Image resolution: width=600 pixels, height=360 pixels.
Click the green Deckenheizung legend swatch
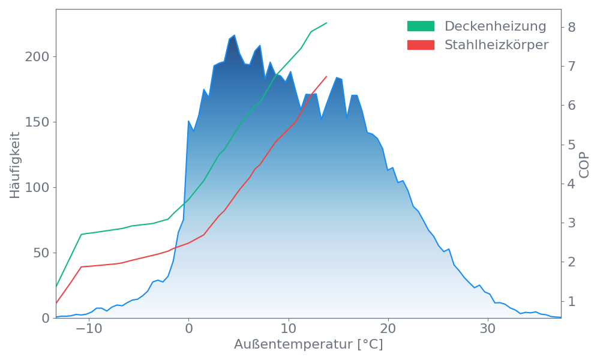click(421, 26)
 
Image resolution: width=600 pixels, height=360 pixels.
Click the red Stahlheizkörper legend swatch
click(421, 45)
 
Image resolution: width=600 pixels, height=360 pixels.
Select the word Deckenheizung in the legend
click(495, 26)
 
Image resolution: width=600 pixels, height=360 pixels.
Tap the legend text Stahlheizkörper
click(496, 45)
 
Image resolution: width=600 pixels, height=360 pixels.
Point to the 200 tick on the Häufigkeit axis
click(37, 57)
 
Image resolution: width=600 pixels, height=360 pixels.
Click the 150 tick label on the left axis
click(37, 122)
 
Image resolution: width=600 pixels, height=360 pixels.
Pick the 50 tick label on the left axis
click(41, 253)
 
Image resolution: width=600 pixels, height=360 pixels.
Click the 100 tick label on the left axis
click(37, 188)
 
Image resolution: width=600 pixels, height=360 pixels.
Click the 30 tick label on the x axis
click(488, 329)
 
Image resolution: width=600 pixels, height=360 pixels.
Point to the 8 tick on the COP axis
click(571, 27)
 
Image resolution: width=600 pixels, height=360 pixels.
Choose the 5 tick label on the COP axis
click(571, 145)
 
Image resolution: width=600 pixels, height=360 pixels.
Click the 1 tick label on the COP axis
click(571, 301)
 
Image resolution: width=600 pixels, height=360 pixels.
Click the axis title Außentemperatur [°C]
click(308, 346)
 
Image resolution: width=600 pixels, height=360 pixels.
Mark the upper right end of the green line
click(327, 23)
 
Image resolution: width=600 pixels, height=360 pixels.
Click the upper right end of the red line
click(327, 76)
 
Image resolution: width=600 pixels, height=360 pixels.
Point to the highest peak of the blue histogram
click(234, 35)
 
